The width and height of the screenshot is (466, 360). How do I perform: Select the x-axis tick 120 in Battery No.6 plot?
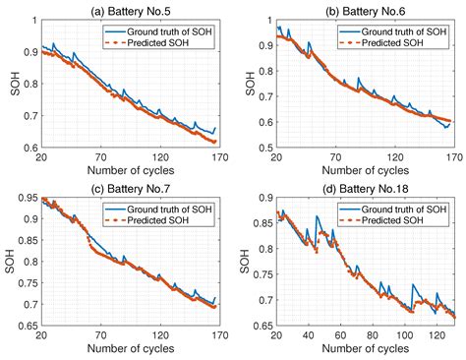[393, 158]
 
